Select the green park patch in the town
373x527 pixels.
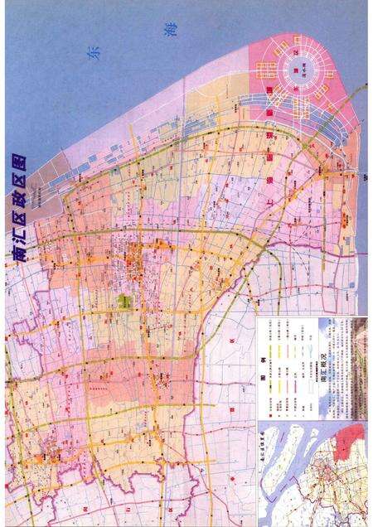(125, 302)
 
